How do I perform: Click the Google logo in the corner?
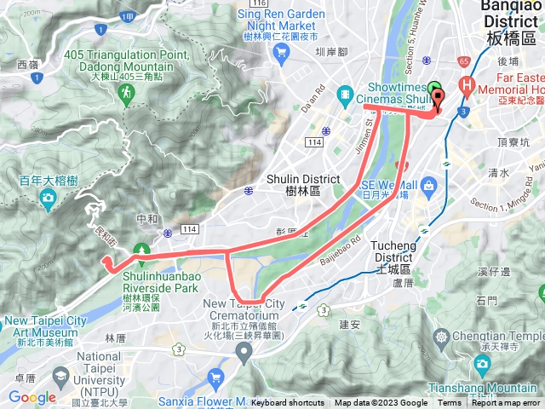tap(32, 397)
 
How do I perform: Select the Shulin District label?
tap(292, 184)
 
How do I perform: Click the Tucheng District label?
tap(393, 256)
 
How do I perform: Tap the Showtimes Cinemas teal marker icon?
tap(345, 93)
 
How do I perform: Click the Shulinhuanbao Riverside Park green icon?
tap(142, 251)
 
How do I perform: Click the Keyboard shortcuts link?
tap(287, 403)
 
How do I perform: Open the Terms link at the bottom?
tap(450, 403)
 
